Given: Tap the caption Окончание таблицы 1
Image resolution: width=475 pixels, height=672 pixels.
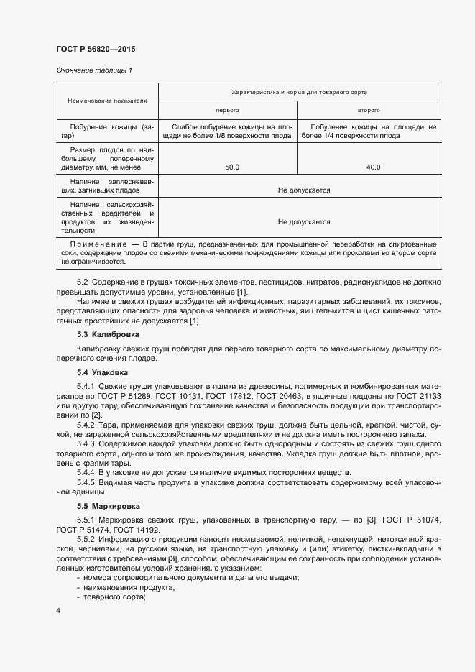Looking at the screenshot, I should (94, 70).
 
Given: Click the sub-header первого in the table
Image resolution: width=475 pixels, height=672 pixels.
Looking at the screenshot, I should (227, 110).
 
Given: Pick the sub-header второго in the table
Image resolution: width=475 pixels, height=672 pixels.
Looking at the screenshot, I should (369, 110).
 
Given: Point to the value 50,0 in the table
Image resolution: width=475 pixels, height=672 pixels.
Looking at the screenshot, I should (232, 167).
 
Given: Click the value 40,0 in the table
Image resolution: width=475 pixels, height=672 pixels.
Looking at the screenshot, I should (373, 167).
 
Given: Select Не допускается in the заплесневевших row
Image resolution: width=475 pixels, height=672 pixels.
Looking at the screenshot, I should (303, 190).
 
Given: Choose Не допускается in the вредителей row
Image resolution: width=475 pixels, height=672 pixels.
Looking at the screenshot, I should (303, 222).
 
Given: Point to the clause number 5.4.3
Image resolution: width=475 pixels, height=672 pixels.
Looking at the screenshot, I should (86, 443).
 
